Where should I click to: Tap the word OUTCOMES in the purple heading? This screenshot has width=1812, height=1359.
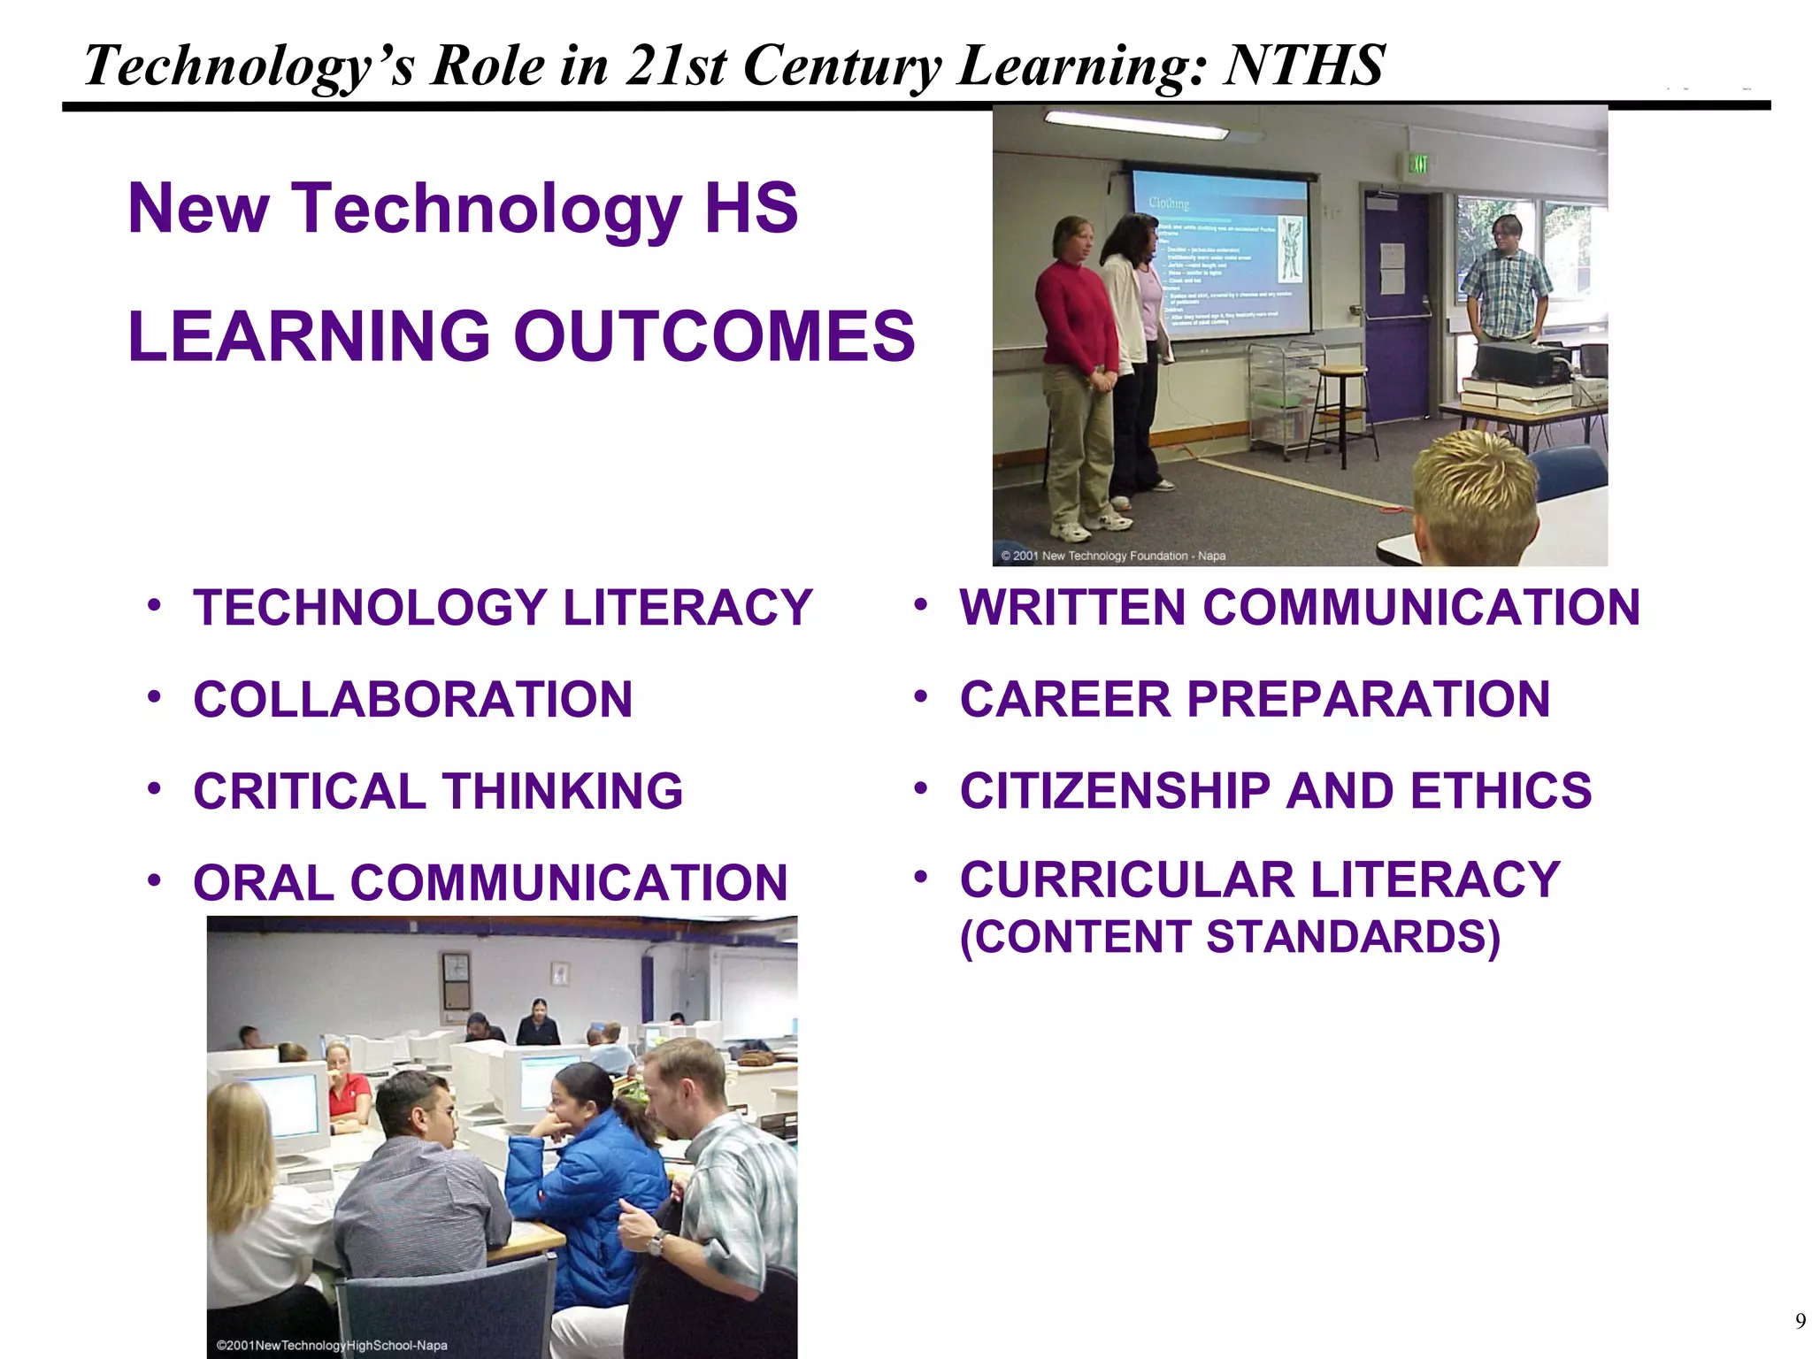(714, 337)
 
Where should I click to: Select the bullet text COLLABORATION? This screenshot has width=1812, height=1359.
(413, 700)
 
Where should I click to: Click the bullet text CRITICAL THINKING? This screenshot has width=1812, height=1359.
(438, 791)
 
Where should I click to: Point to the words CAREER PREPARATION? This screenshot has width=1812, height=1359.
(1255, 700)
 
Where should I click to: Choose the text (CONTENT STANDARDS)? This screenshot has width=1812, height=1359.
(1230, 937)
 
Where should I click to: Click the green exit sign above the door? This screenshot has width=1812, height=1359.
(1418, 163)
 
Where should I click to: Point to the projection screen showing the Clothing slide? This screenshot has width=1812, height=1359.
(1221, 257)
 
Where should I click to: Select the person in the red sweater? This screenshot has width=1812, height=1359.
(1075, 372)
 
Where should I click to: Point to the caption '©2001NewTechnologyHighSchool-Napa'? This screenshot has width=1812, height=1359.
(332, 1346)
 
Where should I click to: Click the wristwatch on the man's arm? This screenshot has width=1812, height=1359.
(655, 1243)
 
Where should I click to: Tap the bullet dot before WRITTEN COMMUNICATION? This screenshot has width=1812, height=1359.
(921, 605)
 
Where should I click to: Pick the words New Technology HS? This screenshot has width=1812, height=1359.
(463, 209)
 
